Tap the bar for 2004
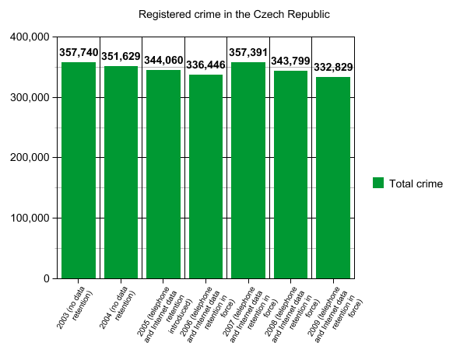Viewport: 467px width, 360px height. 121,172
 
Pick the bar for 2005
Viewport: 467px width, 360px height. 163,174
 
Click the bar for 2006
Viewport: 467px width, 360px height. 205,177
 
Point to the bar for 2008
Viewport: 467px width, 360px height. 290,174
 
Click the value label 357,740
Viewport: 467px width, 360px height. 79,52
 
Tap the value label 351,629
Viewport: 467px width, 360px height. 121,56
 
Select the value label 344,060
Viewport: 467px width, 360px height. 163,61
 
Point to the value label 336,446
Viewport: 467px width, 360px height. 205,65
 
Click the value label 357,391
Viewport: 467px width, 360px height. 248,52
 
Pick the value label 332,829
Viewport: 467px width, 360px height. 333,68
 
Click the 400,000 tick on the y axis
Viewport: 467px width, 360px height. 30,37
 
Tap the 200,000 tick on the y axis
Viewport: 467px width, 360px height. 30,158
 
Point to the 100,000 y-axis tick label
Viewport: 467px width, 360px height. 30,218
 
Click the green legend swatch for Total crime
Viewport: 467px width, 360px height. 378,183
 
